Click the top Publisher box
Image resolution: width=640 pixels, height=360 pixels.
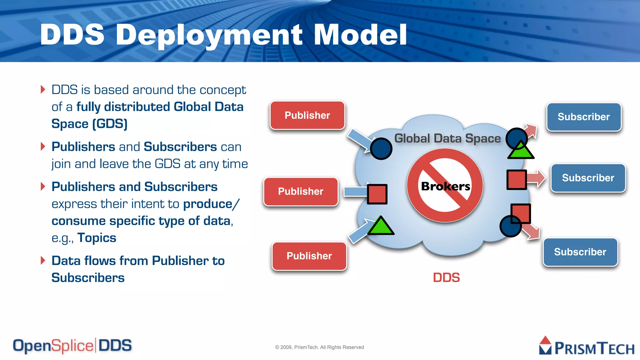307,115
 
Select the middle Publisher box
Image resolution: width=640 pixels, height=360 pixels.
301,192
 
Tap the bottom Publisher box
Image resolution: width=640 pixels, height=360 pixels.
309,256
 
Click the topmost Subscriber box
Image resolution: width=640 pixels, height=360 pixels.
583,117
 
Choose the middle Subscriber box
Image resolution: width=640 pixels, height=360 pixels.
588,178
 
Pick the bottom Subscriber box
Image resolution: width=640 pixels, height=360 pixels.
580,252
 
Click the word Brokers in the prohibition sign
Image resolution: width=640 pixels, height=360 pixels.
445,186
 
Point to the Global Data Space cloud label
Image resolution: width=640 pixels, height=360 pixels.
447,138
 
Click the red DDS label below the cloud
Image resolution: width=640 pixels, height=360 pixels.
446,277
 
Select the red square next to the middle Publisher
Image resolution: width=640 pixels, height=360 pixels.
377,194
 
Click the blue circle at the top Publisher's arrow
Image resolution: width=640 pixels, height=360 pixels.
381,149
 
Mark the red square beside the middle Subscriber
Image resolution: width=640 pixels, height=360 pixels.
516,180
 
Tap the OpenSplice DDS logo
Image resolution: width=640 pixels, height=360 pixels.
72,346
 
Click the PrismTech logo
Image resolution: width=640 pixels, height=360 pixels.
587,346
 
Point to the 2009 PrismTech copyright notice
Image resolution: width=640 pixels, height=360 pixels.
319,347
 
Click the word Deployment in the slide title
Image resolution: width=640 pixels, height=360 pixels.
209,35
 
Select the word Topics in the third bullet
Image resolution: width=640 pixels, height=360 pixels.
97,238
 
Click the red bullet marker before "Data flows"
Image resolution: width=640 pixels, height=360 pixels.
43,260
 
